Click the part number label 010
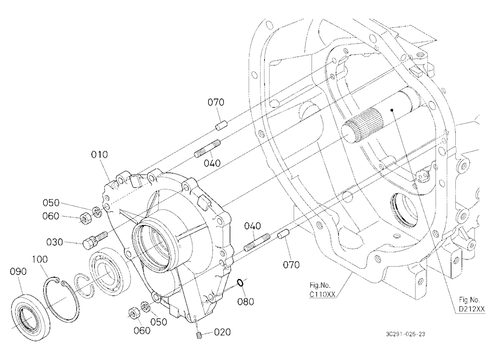point(99,155)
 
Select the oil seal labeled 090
point(30,316)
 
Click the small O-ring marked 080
point(241,283)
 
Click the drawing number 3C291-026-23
point(406,334)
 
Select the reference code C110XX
point(322,295)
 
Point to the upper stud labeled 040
point(207,148)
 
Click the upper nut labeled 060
point(84,218)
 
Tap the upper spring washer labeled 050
point(97,212)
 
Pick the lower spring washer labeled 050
point(145,306)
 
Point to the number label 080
point(246,301)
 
